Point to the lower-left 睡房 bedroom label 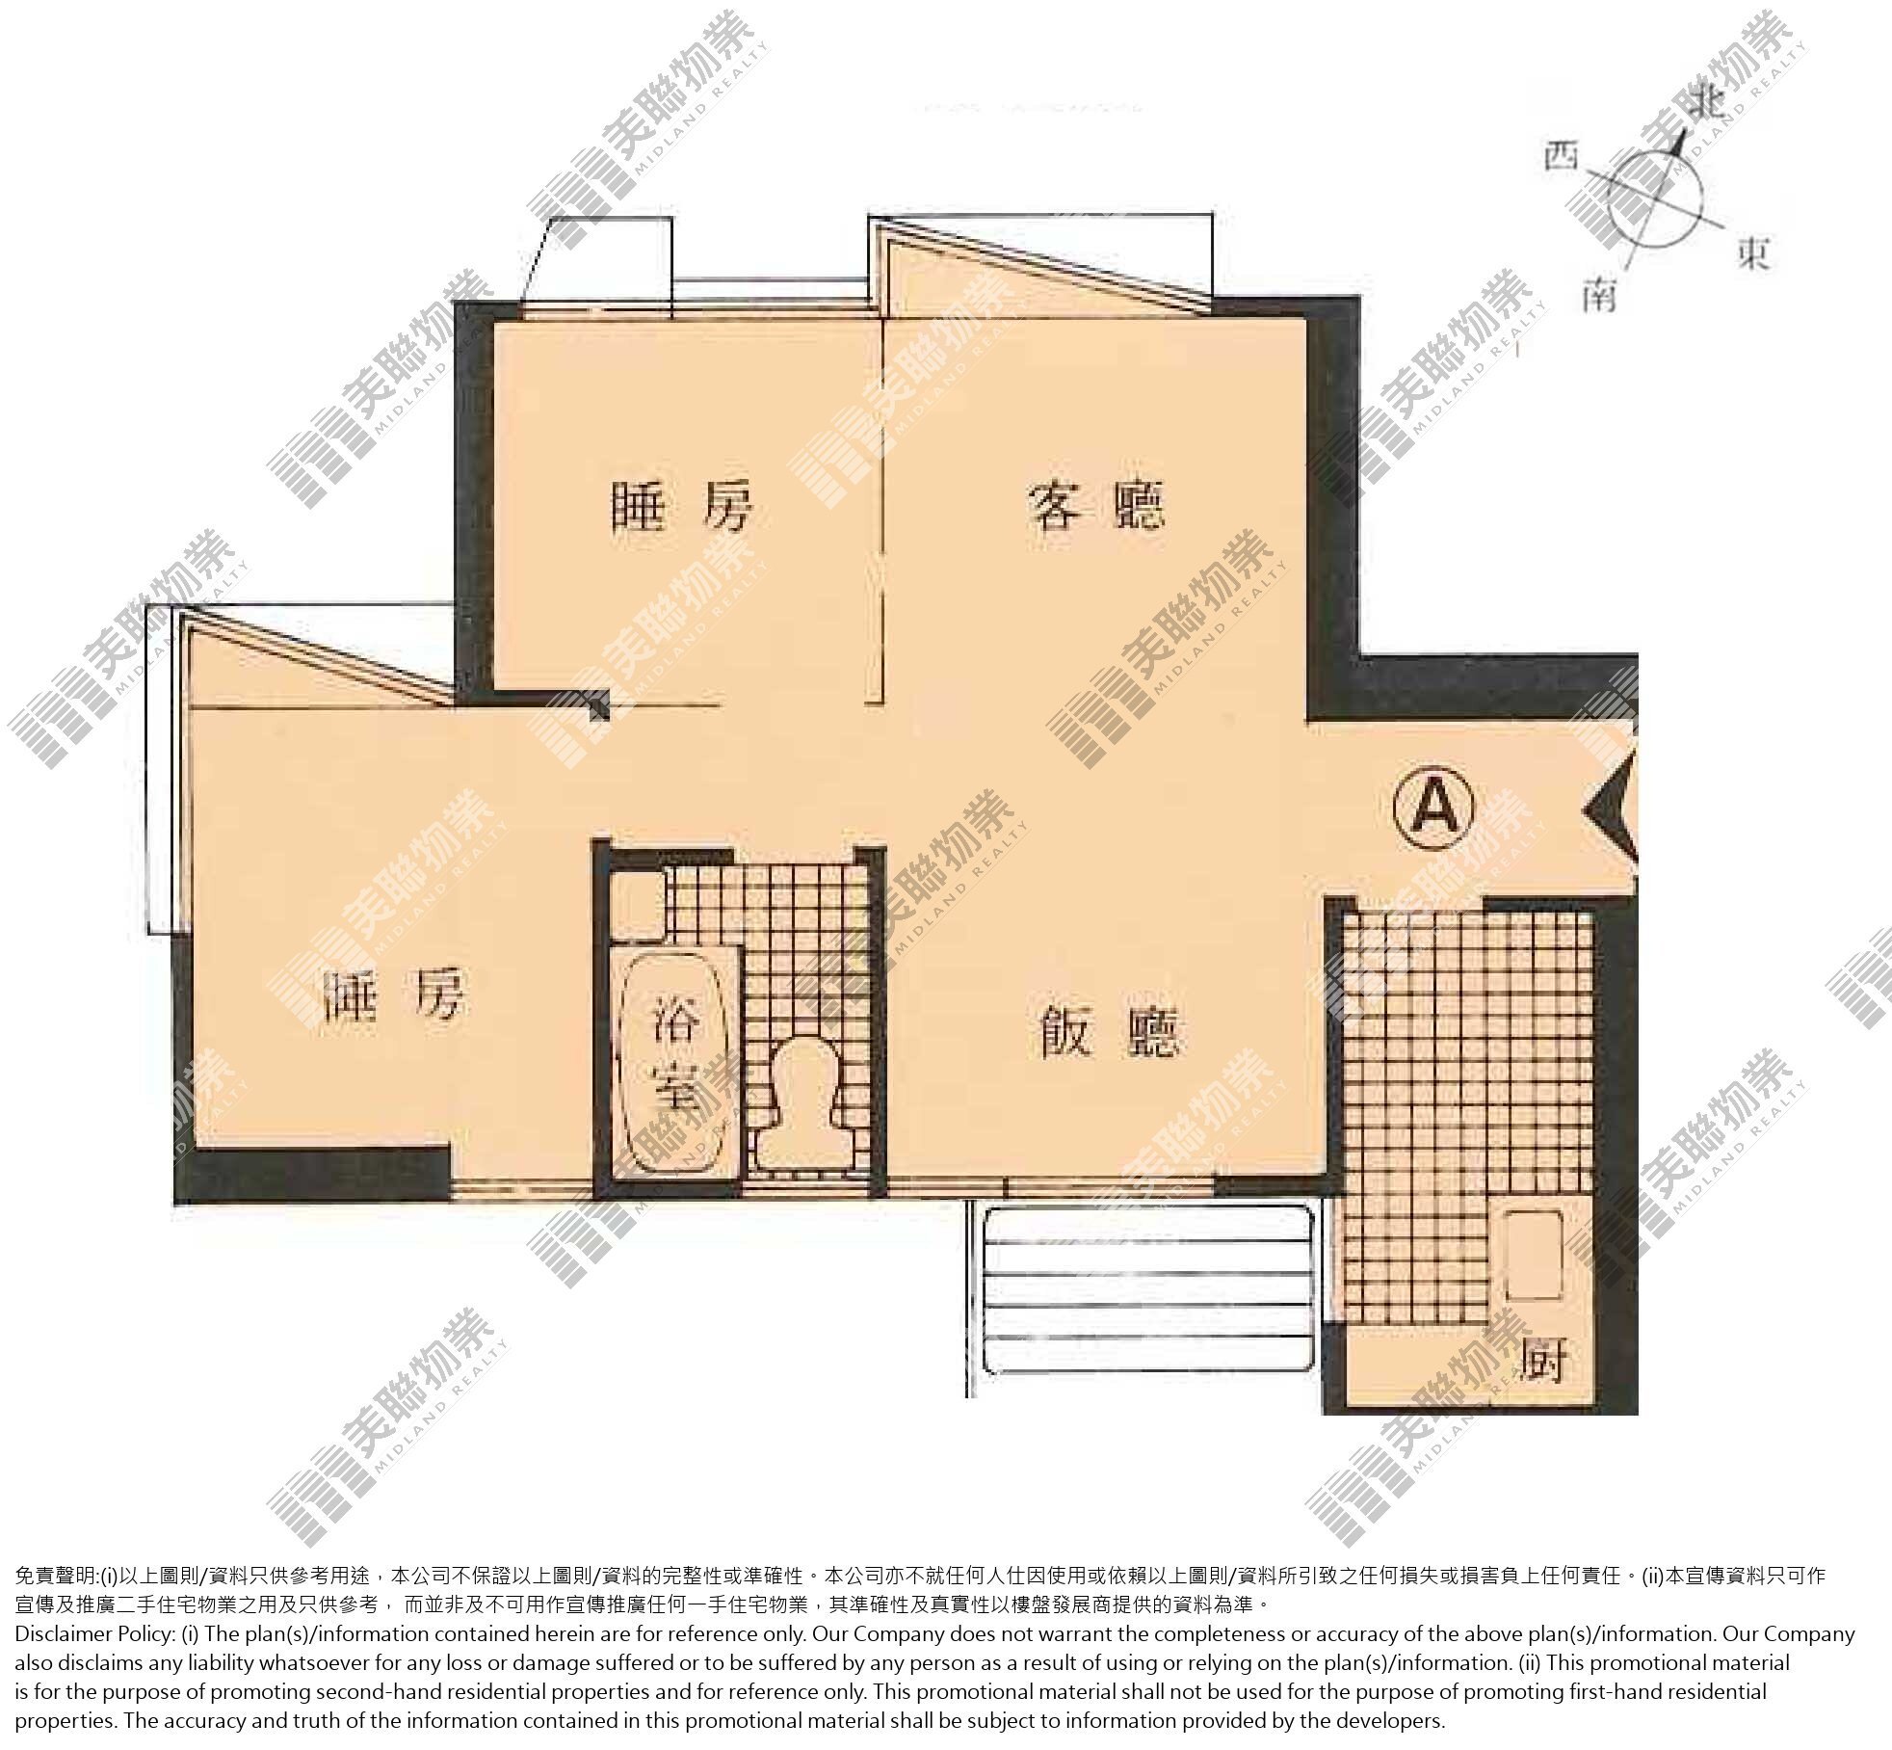[x=394, y=994]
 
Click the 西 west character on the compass [x=1562, y=155]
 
